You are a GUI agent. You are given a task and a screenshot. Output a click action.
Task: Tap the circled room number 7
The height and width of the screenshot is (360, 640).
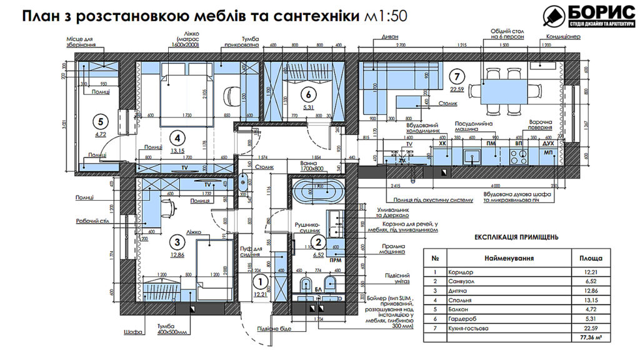[x=457, y=77]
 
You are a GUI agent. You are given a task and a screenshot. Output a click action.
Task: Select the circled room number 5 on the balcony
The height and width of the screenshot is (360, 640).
[x=99, y=122]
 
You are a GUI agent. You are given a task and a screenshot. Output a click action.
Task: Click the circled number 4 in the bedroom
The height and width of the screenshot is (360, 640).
[x=178, y=138]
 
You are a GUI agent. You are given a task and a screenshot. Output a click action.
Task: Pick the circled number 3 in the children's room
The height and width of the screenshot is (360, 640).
[x=178, y=242]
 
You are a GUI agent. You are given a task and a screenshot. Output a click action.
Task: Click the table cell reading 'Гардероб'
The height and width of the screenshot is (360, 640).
[x=462, y=319]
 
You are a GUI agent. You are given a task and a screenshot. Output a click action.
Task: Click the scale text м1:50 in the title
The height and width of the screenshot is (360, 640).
[x=384, y=16]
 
